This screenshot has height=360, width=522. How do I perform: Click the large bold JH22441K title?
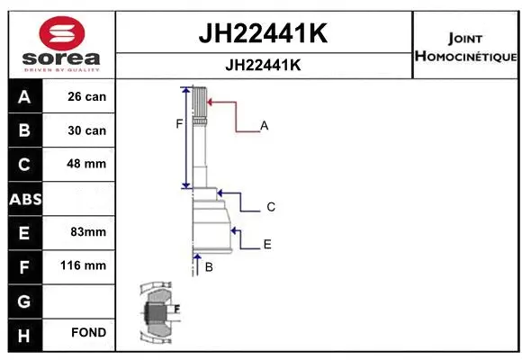tap(262, 33)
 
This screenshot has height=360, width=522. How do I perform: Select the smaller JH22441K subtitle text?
tap(262, 66)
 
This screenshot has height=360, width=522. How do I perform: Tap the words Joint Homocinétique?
tap(465, 48)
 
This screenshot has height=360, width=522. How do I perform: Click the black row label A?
tap(23, 96)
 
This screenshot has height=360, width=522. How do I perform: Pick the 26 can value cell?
tap(88, 96)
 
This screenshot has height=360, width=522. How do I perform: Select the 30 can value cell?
tap(88, 130)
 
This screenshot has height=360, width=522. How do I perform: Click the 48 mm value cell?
tap(88, 164)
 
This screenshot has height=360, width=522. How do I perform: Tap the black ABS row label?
tap(23, 198)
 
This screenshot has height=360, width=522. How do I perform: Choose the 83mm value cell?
tap(88, 232)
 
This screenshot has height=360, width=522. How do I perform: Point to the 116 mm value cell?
tap(88, 265)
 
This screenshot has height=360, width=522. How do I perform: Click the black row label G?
tap(23, 300)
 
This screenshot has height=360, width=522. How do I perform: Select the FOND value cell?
tap(88, 333)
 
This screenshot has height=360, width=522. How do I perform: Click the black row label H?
tap(23, 333)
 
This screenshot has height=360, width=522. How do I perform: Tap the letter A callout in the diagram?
tap(265, 126)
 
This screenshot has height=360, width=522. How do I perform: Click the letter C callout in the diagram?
tap(270, 207)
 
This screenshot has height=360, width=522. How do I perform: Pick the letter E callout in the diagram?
tap(267, 244)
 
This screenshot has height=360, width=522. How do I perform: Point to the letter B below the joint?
tap(208, 267)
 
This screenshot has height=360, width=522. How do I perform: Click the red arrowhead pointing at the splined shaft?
tap(212, 103)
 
